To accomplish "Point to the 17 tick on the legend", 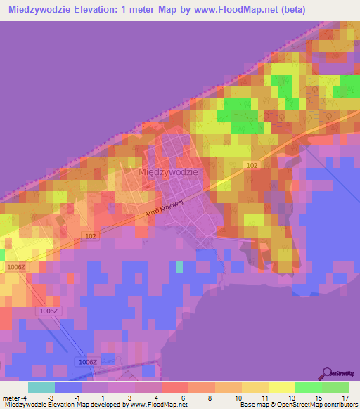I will click(x=345, y=398).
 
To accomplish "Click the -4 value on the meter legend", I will click(x=26, y=398).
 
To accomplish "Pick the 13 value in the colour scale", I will click(x=291, y=398).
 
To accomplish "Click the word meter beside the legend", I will click(x=11, y=398).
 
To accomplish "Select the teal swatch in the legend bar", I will click(x=41, y=387).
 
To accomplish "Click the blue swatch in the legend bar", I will click(x=68, y=387).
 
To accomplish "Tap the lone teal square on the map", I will click(x=179, y=266).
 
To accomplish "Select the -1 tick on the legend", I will click(x=84, y=398).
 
